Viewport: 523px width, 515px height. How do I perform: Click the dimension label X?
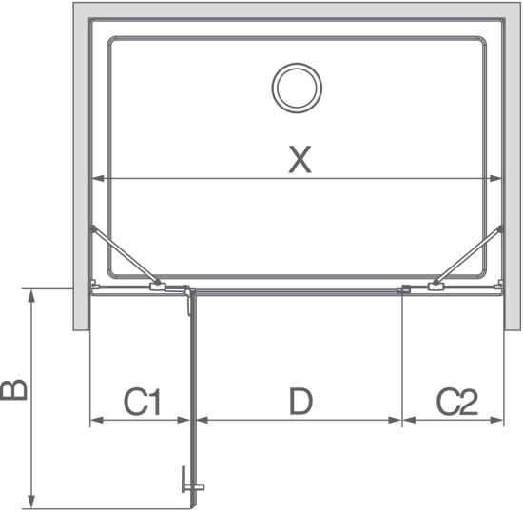[300, 160]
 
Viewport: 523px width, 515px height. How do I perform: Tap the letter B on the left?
[13, 389]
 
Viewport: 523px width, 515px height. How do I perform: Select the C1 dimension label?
[143, 402]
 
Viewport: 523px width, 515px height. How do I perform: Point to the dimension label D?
[300, 402]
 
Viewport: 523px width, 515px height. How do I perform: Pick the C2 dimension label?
[457, 402]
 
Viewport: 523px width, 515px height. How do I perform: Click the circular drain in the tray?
[297, 88]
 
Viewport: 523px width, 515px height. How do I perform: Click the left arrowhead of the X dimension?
[98, 179]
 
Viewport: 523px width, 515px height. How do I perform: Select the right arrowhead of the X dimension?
[495, 179]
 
